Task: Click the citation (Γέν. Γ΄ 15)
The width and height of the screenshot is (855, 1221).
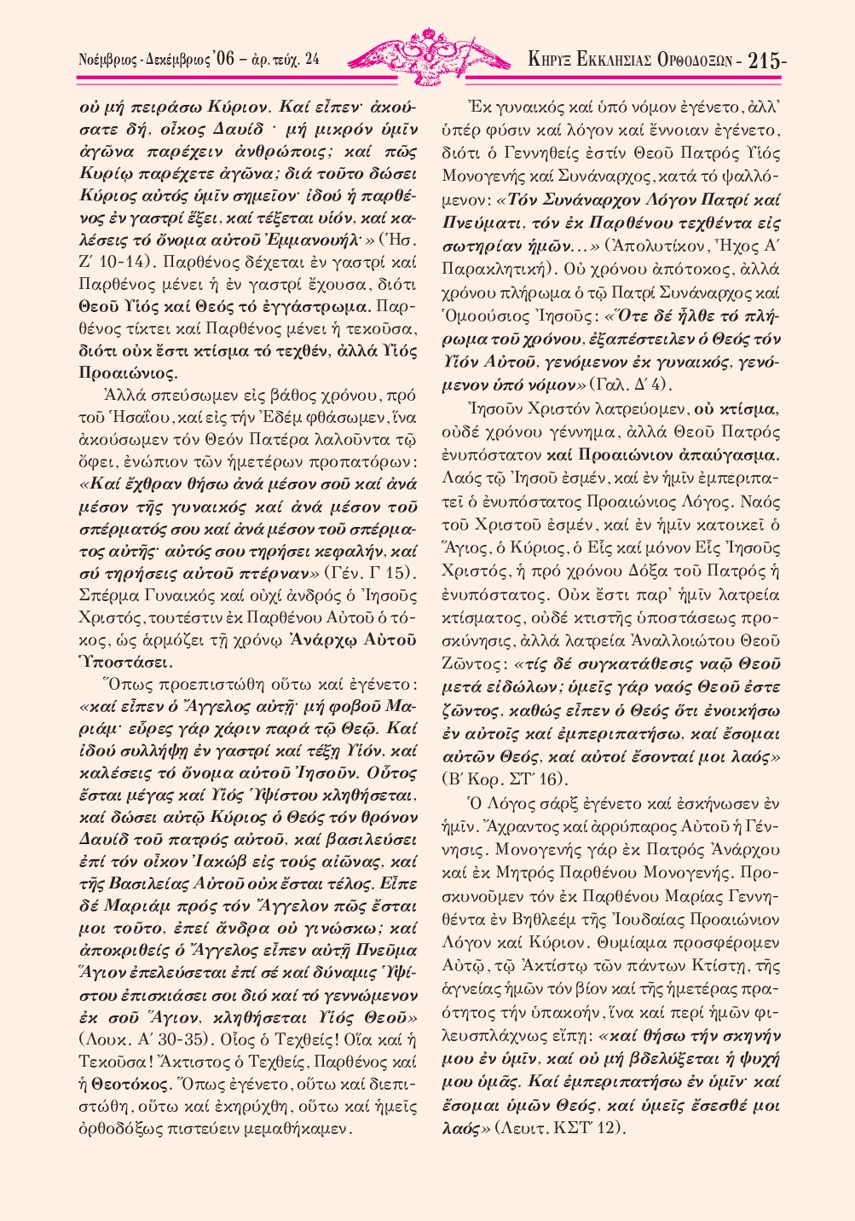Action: [x=371, y=570]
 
